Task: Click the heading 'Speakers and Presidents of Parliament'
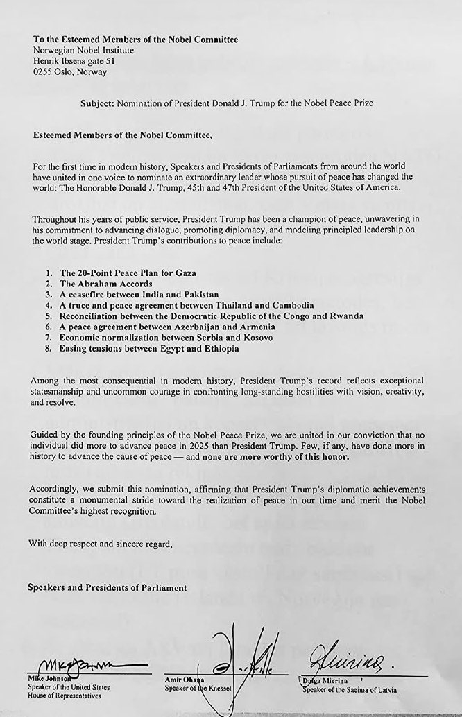point(107,588)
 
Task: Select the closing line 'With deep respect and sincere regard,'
point(100,544)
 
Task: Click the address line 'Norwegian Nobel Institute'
point(83,50)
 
